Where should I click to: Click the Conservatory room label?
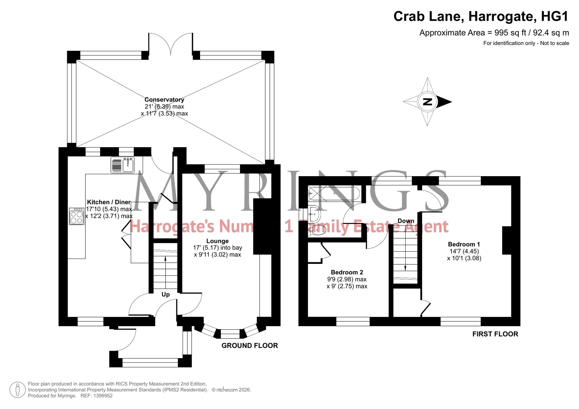[x=164, y=100]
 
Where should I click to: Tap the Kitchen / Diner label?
[x=109, y=202]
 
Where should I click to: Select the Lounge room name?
[x=217, y=241]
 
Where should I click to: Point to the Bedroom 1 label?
[x=464, y=244]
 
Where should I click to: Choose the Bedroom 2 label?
[x=347, y=272]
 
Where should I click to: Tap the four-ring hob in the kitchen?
[x=77, y=216]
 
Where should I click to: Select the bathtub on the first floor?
[x=334, y=193]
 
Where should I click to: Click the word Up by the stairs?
[x=166, y=294]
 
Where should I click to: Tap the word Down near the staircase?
[x=406, y=221]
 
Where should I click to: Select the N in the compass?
[x=428, y=102]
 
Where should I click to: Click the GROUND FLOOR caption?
[x=250, y=345]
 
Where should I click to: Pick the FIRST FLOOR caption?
[x=495, y=334]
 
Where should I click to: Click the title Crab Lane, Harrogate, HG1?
[x=481, y=16]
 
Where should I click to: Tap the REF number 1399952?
[x=103, y=396]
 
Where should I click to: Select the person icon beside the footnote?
[x=18, y=390]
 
